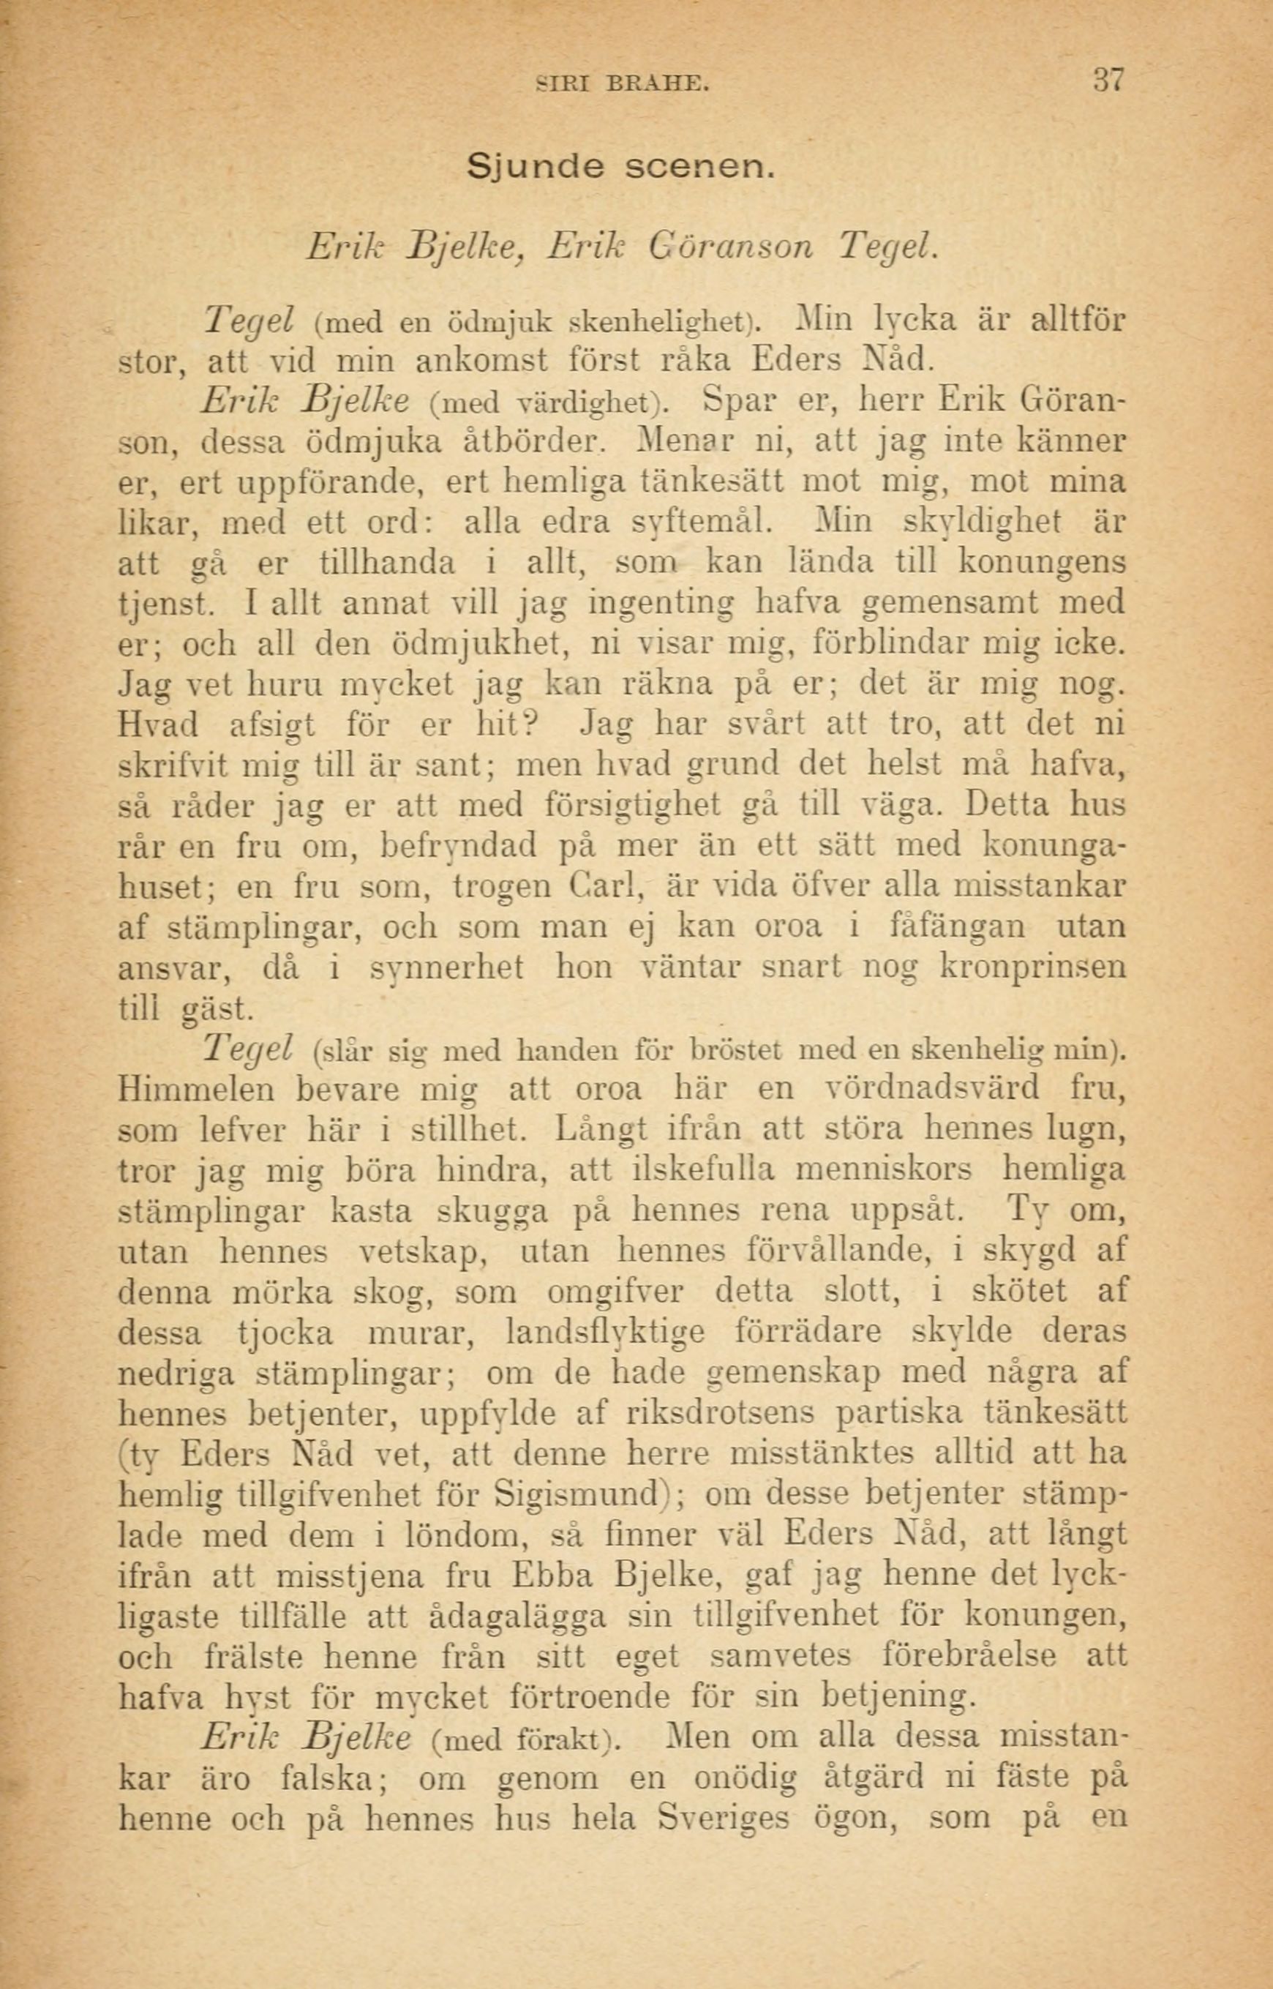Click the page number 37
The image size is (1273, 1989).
point(1108,81)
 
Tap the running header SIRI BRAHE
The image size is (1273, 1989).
point(622,83)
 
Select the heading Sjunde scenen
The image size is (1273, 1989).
point(622,168)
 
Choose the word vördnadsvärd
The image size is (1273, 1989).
point(934,1089)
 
